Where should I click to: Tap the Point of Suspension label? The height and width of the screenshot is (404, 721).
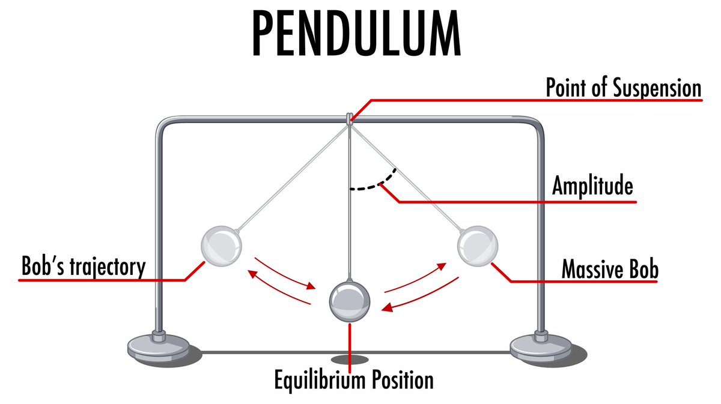[623, 88]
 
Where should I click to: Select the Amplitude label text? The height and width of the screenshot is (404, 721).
[592, 187]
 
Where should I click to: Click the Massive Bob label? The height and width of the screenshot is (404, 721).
[609, 270]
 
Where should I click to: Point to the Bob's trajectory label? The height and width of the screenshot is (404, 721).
[83, 267]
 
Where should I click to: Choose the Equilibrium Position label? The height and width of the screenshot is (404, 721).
[353, 380]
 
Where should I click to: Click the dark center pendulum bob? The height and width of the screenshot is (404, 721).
[349, 301]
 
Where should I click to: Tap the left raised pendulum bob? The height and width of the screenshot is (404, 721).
[222, 246]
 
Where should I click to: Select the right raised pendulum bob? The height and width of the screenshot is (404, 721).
[478, 246]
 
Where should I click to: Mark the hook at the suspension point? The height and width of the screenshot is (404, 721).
[349, 118]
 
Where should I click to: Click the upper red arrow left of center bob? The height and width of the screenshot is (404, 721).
[285, 273]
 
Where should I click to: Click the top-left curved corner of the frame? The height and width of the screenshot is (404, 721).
[163, 124]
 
